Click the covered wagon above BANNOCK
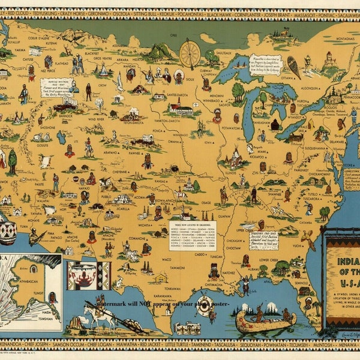63,107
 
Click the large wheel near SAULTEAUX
190,53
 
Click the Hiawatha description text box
265,64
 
